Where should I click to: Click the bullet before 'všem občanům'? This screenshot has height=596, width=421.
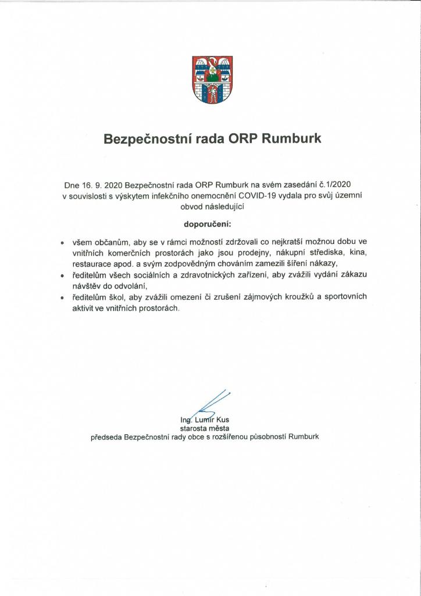click(63, 242)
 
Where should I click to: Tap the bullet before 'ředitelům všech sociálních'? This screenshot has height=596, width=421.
click(63, 275)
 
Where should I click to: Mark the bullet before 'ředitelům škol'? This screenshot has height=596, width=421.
click(63, 297)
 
